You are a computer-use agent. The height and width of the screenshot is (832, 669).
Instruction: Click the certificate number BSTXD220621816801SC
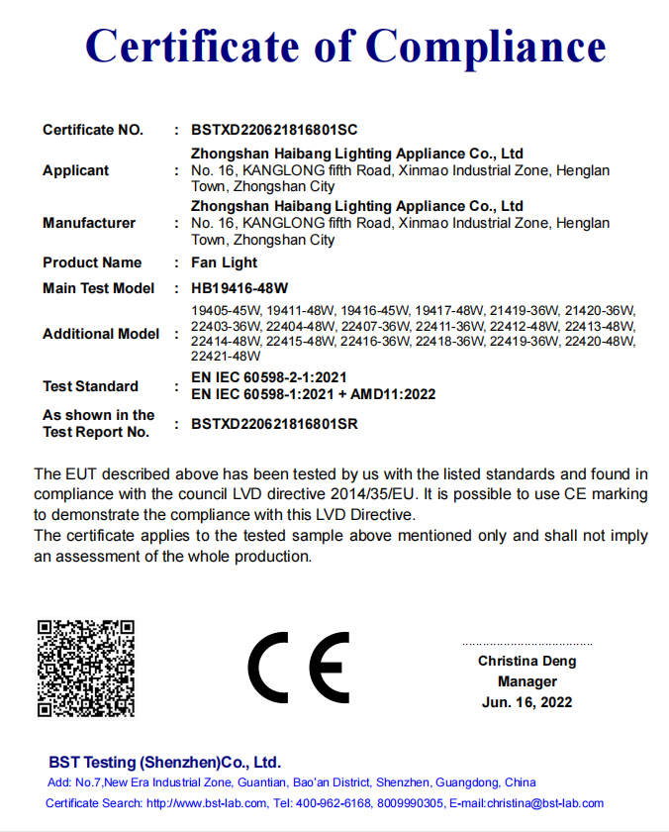[274, 130]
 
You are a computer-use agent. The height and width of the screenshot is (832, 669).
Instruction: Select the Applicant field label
[75, 170]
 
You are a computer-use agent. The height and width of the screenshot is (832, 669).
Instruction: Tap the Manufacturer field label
[89, 223]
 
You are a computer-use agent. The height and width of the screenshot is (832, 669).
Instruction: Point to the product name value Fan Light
[224, 262]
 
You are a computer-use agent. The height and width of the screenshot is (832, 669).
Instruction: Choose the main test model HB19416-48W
[239, 288]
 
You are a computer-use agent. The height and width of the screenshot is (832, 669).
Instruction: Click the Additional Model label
[101, 334]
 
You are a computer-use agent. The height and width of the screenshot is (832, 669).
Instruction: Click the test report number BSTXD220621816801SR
[274, 424]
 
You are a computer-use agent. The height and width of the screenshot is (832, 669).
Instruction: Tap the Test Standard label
[90, 385]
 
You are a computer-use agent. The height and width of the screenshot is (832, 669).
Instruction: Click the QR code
[86, 668]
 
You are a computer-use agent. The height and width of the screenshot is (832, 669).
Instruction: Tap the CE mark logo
[299, 667]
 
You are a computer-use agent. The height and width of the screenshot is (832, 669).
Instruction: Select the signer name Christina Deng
[526, 661]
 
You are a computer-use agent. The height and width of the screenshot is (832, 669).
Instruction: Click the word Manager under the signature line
[526, 681]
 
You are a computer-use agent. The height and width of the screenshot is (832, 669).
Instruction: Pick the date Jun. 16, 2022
[526, 702]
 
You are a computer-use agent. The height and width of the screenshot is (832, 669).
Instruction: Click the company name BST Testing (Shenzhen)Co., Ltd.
[164, 763]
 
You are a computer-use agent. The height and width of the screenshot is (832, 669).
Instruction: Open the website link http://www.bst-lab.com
[207, 803]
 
